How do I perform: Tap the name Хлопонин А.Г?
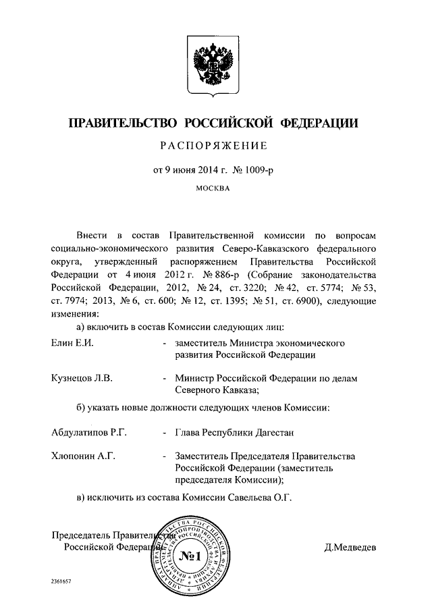click(84, 456)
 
